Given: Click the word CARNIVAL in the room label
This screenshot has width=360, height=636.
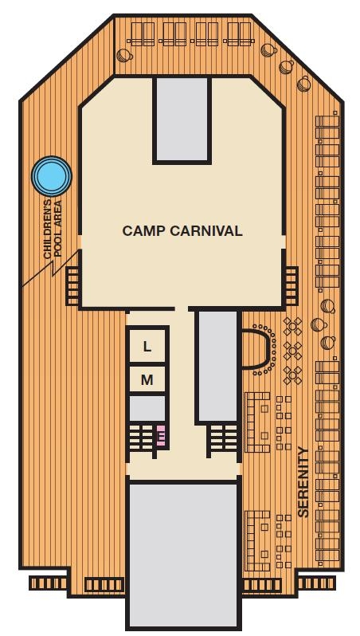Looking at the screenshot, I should coord(203,231).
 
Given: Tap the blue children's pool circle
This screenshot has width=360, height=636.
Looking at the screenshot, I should coord(51,175).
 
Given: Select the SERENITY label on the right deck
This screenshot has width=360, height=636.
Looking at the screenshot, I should coord(303,482).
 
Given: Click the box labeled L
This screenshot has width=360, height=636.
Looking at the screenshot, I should coord(147,347).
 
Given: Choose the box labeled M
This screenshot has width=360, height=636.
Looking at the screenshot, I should coord(147,380).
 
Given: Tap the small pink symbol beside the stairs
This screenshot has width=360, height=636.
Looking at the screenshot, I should coord(161,435).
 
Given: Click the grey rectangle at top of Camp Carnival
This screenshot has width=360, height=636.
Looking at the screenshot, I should coord(182,120).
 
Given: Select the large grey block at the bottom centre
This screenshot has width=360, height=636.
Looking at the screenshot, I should coord(183,554).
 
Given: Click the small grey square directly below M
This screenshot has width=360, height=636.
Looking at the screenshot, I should coord(147,409).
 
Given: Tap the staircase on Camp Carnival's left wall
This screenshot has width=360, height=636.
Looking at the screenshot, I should coord(72,285).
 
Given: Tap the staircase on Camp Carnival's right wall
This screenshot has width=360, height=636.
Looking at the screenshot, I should coord(291,285).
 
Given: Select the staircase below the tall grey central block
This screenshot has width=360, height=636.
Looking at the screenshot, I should coord(222,439).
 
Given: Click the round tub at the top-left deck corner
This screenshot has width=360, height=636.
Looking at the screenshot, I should coord(123,55).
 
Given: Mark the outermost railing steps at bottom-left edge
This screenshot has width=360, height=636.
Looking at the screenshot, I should coord(49,583).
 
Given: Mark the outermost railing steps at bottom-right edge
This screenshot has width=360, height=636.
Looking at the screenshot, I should coord(316,583).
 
